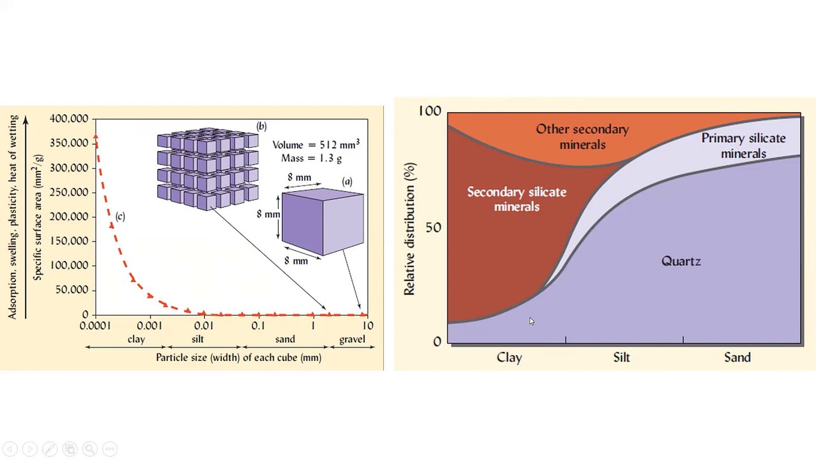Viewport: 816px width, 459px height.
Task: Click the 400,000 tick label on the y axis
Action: point(69,119)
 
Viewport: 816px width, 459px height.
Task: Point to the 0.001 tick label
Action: point(150,325)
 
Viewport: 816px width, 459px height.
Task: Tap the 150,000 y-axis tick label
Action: point(69,241)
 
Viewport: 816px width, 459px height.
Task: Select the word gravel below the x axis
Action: point(352,340)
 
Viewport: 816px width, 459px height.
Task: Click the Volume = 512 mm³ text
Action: point(316,144)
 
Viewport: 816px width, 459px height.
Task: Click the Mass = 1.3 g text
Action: point(312,158)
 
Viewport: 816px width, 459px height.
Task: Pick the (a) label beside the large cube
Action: point(347,182)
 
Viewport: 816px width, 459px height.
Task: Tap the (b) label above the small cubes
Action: point(261,126)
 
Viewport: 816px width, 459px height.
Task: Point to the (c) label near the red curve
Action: point(120,217)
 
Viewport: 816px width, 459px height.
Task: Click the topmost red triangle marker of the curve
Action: point(96,136)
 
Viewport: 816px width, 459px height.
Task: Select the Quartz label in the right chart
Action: point(681,261)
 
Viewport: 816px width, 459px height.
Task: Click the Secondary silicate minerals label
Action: point(516,200)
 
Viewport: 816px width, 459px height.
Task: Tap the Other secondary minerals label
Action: point(582,136)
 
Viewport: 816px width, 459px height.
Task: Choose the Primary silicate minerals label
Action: point(743,146)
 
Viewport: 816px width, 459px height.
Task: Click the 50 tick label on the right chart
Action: point(433,228)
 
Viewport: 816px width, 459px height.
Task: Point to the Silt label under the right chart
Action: point(622,357)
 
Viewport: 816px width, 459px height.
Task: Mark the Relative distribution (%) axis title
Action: point(409,229)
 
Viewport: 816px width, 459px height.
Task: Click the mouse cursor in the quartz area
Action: point(532,321)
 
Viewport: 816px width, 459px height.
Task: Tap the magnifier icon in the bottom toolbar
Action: point(90,449)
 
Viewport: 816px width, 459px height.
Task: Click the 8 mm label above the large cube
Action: point(300,177)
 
